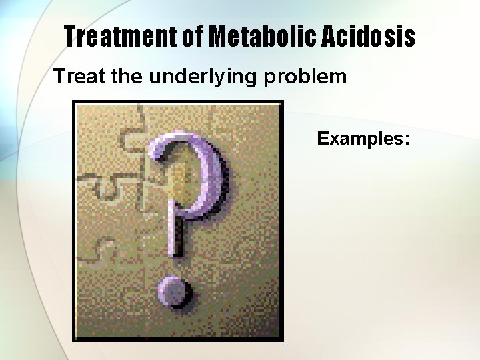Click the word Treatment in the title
coord(122,37)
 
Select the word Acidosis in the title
coord(369,37)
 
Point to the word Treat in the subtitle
coord(79,77)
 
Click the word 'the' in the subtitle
coord(127,77)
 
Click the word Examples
coord(359,139)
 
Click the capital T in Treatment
coord(72,37)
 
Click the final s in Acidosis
coord(409,38)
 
